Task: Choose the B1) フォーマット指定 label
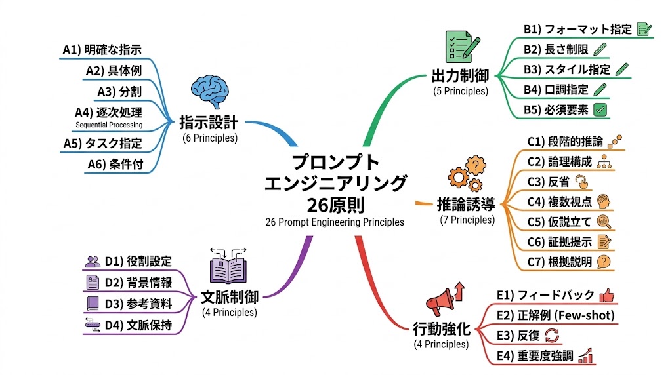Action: (x=577, y=29)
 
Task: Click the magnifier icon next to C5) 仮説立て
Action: (x=604, y=222)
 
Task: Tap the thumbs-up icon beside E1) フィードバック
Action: (x=606, y=295)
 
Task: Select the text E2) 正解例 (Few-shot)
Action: (x=555, y=315)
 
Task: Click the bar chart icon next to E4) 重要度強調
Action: (x=586, y=356)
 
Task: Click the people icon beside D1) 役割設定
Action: (x=93, y=262)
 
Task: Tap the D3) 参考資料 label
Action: (x=138, y=304)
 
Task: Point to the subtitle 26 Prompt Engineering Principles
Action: (x=335, y=222)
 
